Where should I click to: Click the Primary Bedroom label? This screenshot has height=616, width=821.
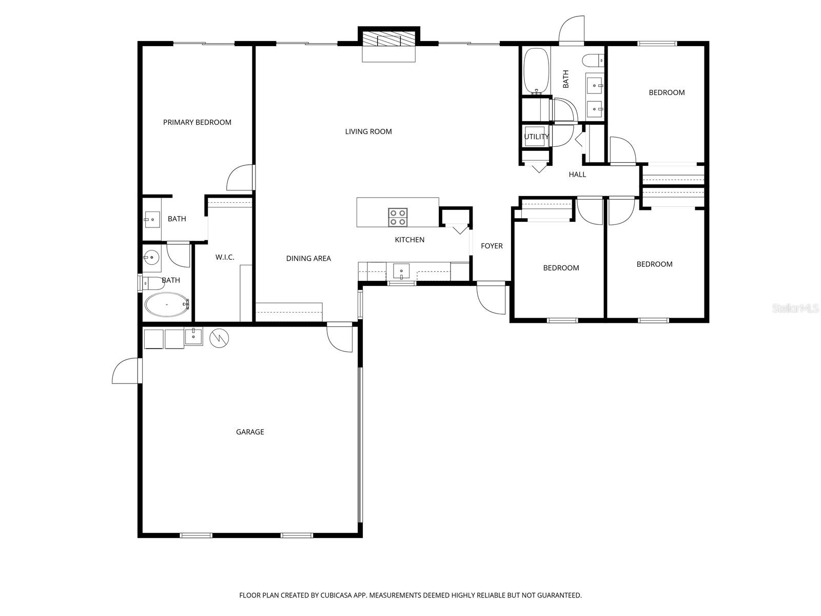tap(197, 122)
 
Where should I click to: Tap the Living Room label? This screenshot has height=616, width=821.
tap(368, 131)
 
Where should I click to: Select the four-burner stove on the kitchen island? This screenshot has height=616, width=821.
tap(398, 217)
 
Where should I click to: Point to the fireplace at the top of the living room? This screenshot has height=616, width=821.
tap(388, 41)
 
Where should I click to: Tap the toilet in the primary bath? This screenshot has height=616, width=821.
tap(152, 283)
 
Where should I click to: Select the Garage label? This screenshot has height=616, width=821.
tap(250, 432)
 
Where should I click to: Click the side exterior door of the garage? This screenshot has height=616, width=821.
tap(126, 371)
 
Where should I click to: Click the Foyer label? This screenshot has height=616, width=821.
tap(492, 246)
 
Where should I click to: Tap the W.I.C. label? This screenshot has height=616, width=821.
tap(225, 257)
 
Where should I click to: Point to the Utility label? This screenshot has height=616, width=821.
tap(536, 137)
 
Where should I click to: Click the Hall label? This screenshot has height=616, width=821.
tap(577, 175)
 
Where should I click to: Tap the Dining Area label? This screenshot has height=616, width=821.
tap(308, 258)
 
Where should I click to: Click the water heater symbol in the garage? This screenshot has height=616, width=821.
tap(219, 338)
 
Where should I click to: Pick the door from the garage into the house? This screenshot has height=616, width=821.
tap(340, 337)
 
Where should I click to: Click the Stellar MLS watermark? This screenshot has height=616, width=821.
tap(795, 309)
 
